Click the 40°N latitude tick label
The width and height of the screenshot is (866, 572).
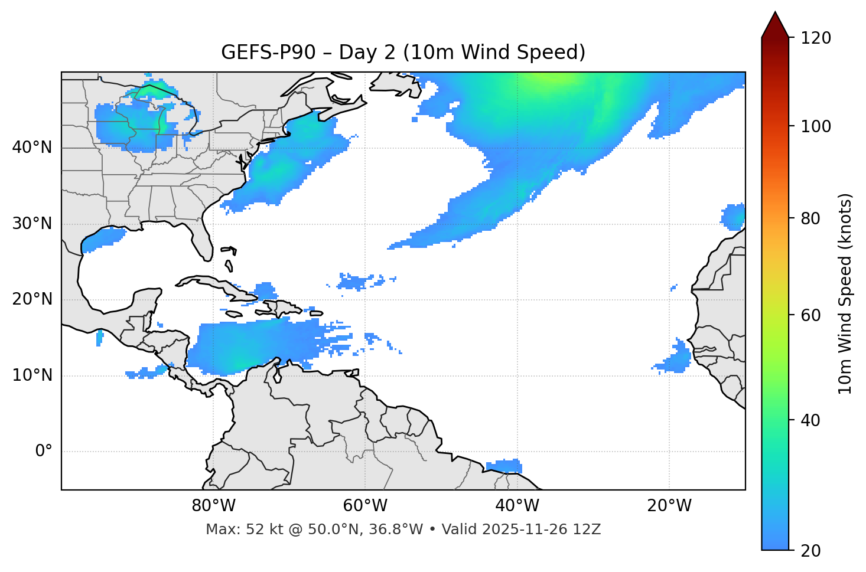click(x=32, y=148)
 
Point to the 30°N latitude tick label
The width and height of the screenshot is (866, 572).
click(x=32, y=224)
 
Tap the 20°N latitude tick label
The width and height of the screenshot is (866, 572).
click(x=32, y=299)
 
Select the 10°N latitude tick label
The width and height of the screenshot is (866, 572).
click(x=32, y=375)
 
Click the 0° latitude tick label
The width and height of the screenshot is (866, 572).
click(x=44, y=452)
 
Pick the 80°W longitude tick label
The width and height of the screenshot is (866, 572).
click(x=213, y=506)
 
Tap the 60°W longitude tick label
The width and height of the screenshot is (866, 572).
click(x=365, y=506)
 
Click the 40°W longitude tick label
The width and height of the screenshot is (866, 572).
click(x=517, y=506)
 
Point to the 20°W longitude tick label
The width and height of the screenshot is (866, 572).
click(x=669, y=506)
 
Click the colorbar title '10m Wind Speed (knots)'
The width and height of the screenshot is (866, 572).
click(x=845, y=294)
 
